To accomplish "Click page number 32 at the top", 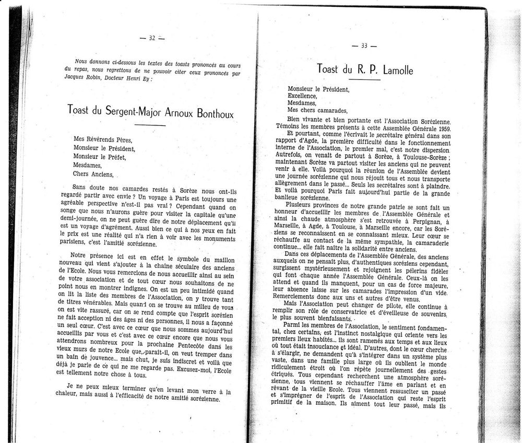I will pyautogui.click(x=152, y=38).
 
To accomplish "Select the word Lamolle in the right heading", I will pyautogui.click(x=395, y=69).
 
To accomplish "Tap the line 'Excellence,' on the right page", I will pyautogui.click(x=302, y=96).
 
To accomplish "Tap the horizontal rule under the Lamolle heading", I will pyautogui.click(x=364, y=79).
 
